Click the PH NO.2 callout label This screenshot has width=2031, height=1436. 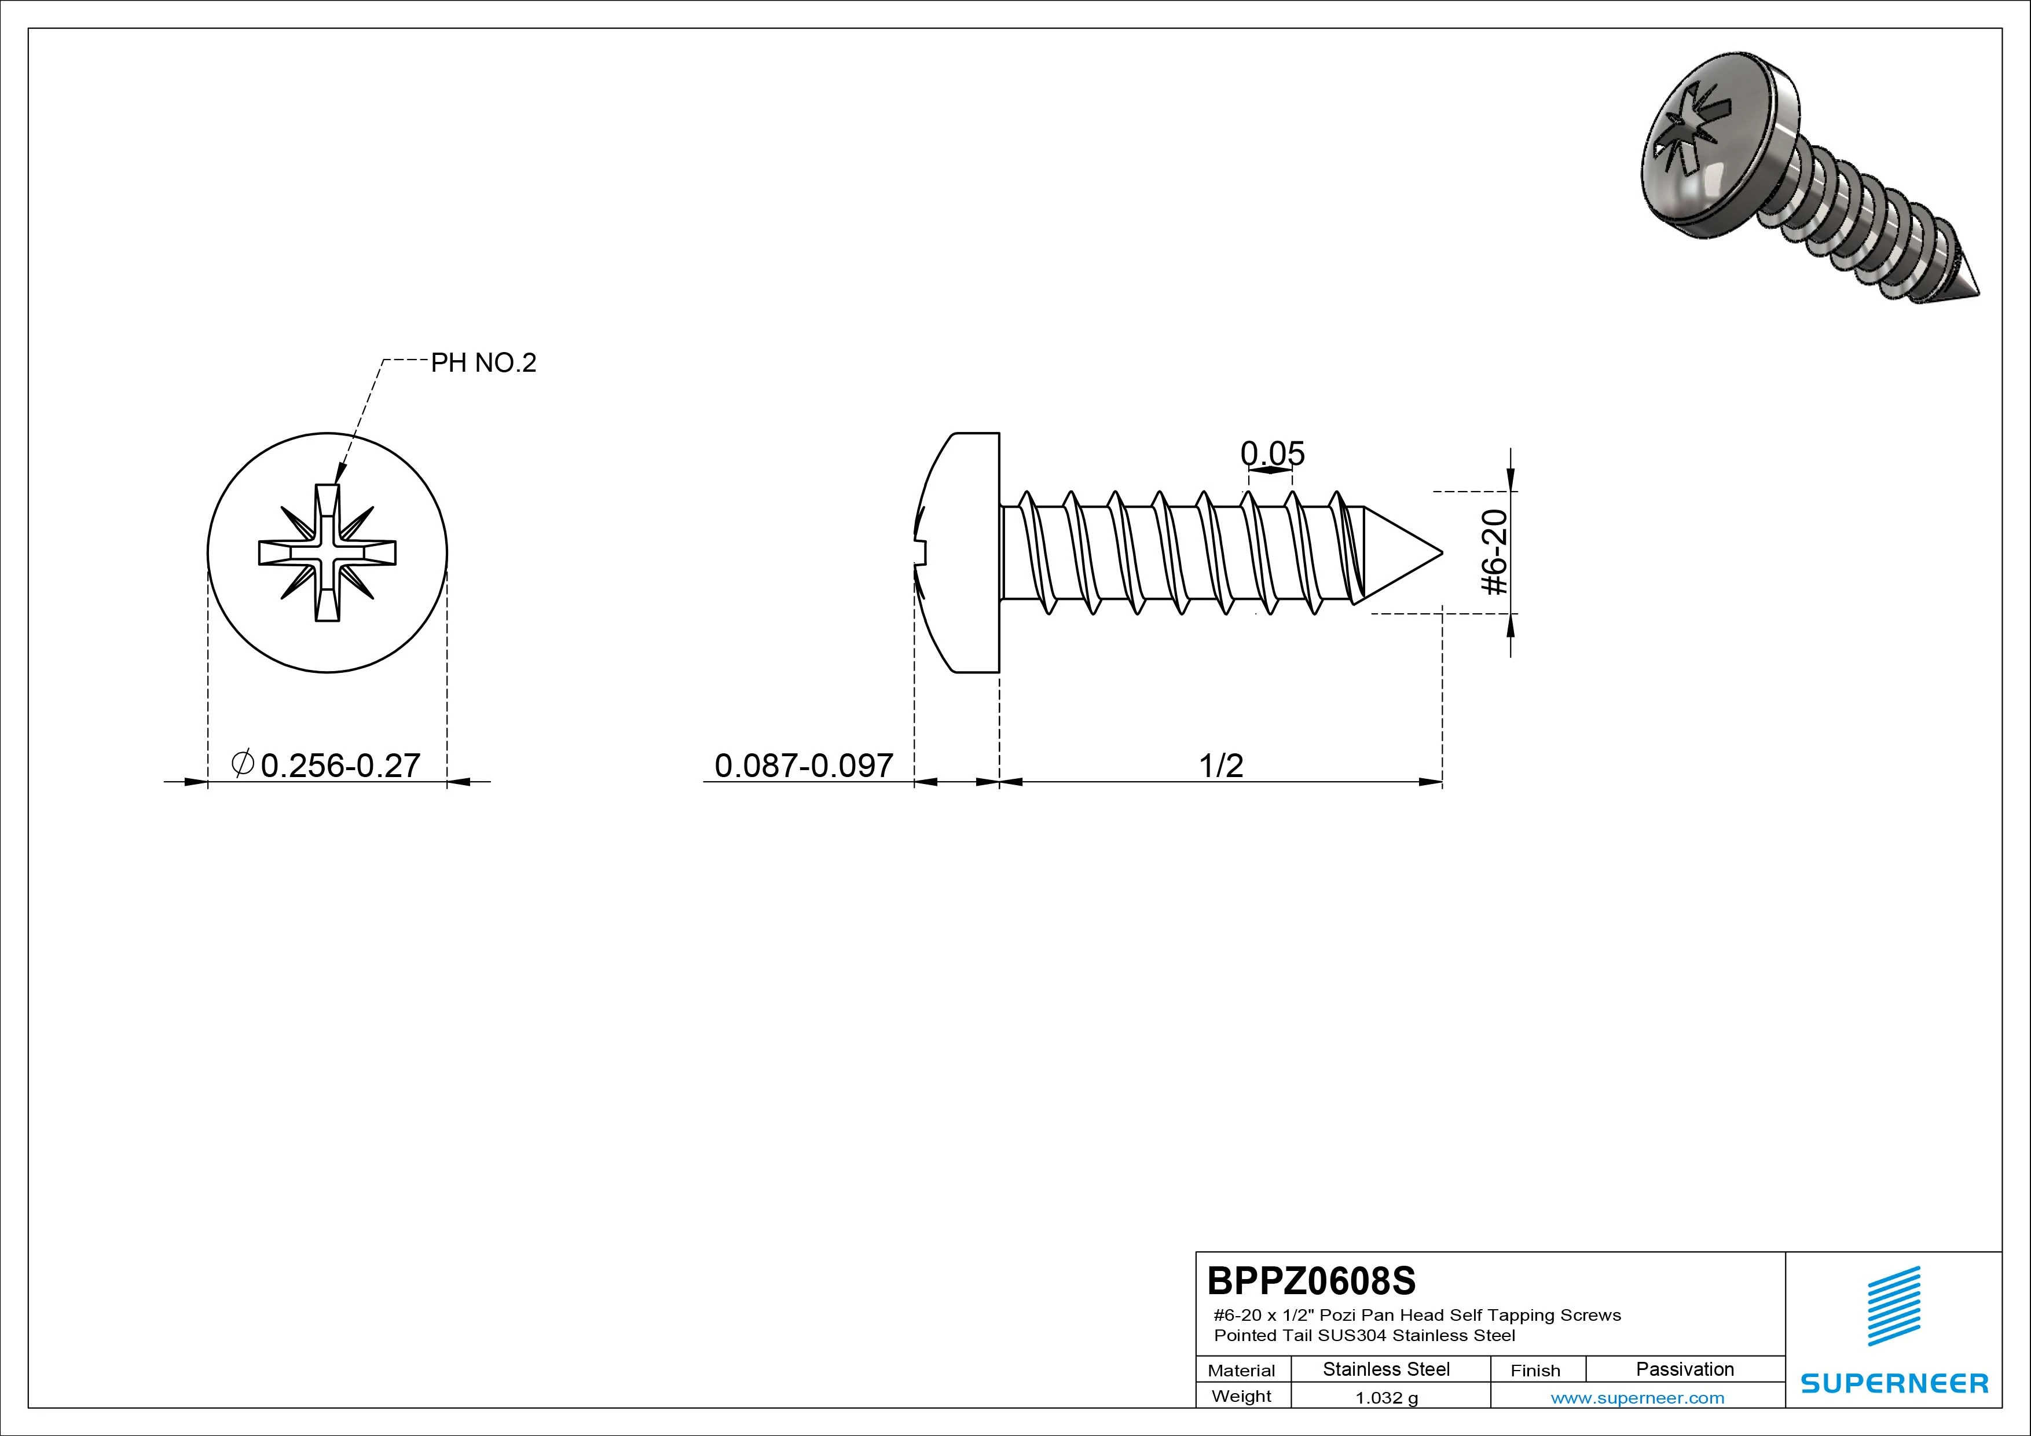[483, 362]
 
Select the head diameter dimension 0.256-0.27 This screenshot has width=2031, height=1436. [340, 765]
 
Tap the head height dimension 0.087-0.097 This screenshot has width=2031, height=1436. [803, 765]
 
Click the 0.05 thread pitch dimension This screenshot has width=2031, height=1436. [1272, 453]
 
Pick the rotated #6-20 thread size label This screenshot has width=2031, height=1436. [1494, 552]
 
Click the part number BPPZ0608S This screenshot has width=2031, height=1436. [1311, 1280]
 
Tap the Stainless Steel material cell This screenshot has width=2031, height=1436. [1386, 1369]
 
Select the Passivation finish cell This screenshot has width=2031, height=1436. [1684, 1369]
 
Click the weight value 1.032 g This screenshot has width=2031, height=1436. [1386, 1398]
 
